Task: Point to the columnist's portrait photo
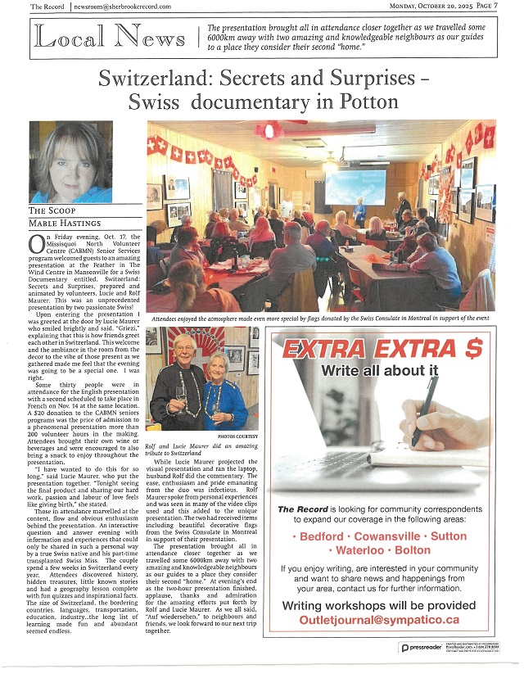[x=70, y=161]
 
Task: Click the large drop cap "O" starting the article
[x=36, y=244]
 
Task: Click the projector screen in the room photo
[x=355, y=187]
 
